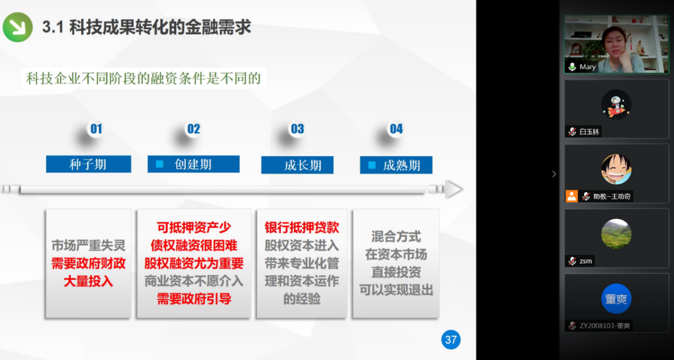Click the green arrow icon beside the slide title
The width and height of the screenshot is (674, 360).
pos(18,27)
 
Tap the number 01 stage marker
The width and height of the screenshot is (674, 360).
pos(96,129)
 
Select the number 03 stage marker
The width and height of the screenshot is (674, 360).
pos(297,129)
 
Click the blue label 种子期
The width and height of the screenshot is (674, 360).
pos(89,164)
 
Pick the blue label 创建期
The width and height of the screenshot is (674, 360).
pos(193,164)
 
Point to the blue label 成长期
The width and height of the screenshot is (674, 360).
pos(298,165)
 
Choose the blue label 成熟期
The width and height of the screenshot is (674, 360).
pos(396,164)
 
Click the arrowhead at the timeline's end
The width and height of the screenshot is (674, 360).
pos(454,189)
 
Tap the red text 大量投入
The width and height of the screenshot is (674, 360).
pos(88,281)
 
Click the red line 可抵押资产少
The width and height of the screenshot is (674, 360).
pos(193,228)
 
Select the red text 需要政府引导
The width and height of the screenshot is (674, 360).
pos(193,298)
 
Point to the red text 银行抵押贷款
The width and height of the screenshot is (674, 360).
pos(302,228)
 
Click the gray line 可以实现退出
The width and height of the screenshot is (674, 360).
pos(396,290)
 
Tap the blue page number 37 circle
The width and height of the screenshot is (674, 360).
pos(451,340)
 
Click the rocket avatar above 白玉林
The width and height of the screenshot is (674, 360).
pos(616,105)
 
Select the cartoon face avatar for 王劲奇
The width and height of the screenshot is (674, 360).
pos(616,169)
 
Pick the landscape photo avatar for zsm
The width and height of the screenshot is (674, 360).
pos(616,234)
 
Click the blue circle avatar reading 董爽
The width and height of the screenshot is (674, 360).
pos(616,298)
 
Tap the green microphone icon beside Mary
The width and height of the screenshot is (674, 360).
pos(572,67)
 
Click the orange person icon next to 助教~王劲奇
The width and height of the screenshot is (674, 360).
pos(572,196)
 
